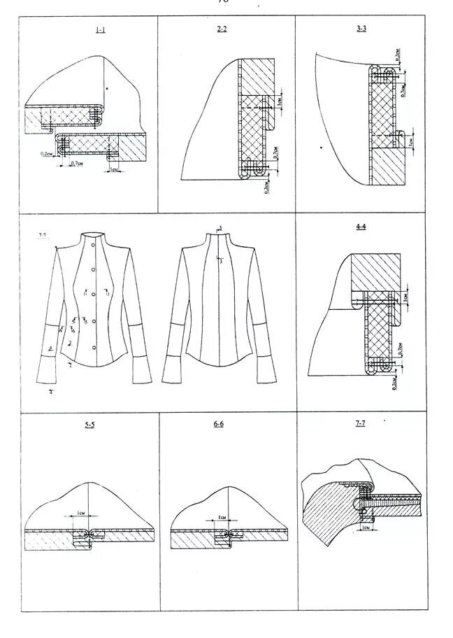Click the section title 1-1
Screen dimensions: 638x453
tap(101, 30)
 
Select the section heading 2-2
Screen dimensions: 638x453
tap(223, 30)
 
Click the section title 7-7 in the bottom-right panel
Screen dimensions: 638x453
tap(360, 425)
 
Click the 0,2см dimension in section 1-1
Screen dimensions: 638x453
tap(48, 153)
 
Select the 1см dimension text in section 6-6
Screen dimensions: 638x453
tap(222, 517)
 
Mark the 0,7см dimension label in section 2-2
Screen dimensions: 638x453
tap(277, 152)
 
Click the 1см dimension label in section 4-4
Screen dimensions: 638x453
tap(407, 299)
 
